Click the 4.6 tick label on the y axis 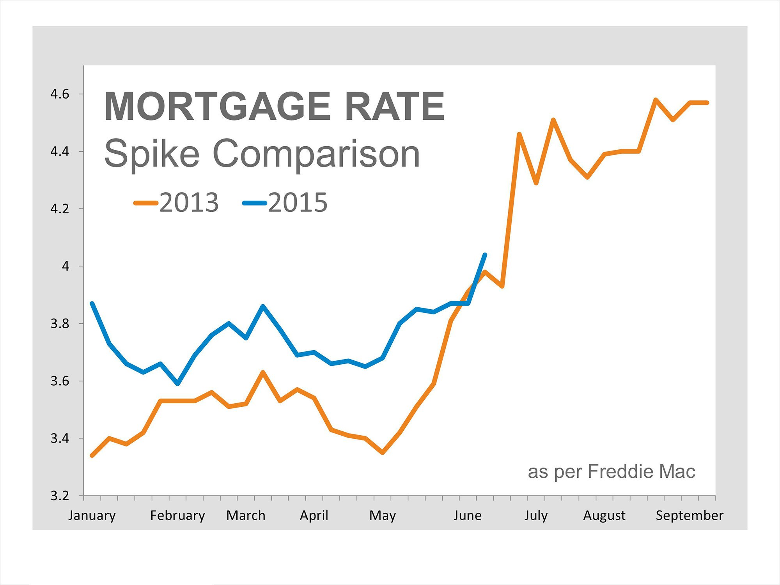60,94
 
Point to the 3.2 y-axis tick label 60,496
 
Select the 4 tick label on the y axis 65,266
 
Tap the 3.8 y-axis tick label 60,324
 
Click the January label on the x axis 92,516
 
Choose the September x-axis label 689,516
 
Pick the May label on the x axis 382,516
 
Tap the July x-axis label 536,516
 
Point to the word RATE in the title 395,106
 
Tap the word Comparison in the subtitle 316,154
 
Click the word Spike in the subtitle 152,154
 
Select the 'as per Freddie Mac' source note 611,472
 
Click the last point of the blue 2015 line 485,255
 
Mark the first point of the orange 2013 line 92,455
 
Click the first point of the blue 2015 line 92,303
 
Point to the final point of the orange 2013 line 707,103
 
